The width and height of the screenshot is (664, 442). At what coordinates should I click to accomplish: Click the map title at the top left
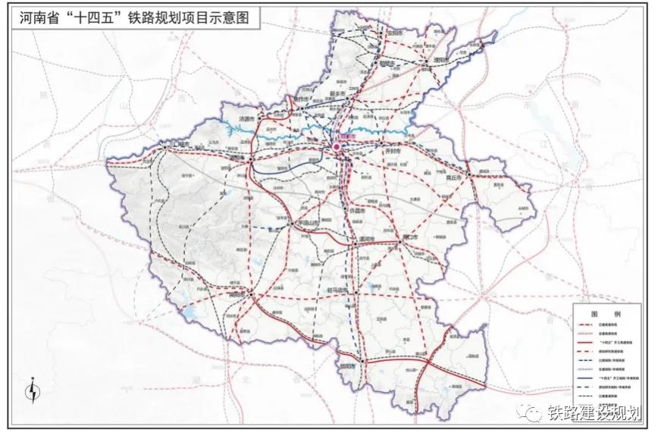coord(130,14)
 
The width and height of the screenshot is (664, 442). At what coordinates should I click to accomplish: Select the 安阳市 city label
coord(393,33)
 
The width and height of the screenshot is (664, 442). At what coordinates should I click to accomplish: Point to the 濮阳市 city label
coord(441,60)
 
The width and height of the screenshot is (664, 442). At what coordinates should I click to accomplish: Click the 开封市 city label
coord(393,151)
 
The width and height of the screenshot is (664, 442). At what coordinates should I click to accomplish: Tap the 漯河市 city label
coord(366,239)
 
